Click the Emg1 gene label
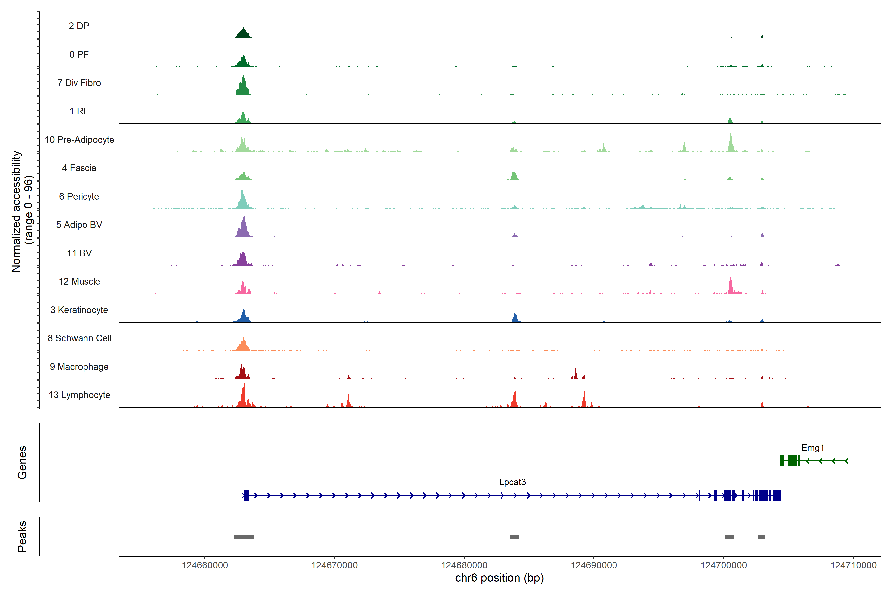point(812,448)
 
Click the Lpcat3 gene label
point(512,482)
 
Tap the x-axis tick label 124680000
point(464,565)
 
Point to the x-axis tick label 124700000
point(724,565)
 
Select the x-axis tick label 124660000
point(205,565)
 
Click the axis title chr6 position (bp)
point(500,578)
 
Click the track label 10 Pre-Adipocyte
point(79,140)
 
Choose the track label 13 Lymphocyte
point(79,395)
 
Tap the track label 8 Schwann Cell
point(79,338)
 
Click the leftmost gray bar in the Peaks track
point(244,536)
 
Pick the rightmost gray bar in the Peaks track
point(761,536)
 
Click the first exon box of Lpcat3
point(246,495)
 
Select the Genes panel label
point(22,463)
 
